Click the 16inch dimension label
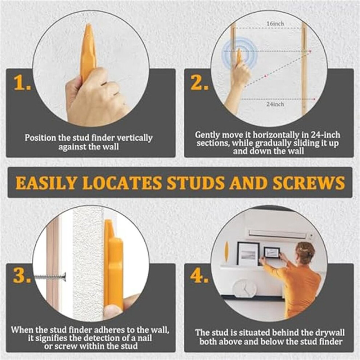pos(275,23)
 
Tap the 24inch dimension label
pos(275,104)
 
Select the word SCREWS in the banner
pos(309,183)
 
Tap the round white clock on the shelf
pos(244,288)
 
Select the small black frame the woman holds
pos(272,255)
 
